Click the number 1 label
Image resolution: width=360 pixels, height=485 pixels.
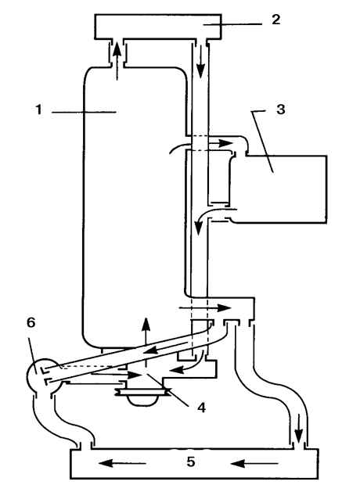(38, 110)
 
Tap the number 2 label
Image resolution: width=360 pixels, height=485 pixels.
(275, 20)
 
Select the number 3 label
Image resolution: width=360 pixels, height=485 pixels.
(280, 110)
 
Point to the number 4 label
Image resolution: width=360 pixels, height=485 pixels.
(201, 408)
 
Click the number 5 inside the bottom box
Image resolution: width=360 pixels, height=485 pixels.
(191, 462)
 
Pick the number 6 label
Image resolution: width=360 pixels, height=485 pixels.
(31, 322)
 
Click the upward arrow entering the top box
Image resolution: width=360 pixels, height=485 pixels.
(117, 61)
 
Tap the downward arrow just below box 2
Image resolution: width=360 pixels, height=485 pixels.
(201, 61)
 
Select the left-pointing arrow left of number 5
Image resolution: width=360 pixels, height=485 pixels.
(122, 463)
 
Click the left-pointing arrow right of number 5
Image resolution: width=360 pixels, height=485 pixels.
(254, 463)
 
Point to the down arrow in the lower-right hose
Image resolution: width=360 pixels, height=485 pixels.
(298, 429)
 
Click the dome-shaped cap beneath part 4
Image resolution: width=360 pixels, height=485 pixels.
(142, 399)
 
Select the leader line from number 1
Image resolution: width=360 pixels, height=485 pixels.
(84, 112)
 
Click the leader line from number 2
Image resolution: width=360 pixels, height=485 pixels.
(232, 23)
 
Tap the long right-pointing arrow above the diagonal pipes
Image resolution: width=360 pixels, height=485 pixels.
(205, 307)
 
